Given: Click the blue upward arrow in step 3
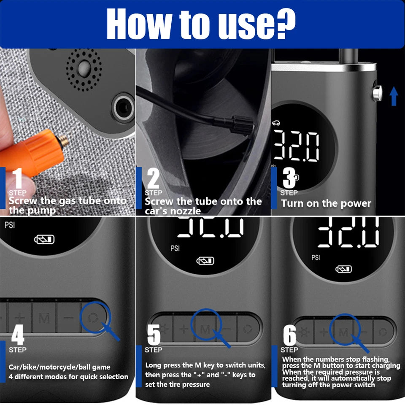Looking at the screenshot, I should point(394,96).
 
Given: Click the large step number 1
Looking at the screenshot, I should point(17,179).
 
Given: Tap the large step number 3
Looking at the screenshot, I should point(289,179).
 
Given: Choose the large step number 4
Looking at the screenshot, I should point(17,335).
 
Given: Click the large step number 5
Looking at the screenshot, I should point(154,335).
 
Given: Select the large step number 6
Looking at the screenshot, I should point(289,335).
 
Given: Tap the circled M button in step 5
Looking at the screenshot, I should point(205,329).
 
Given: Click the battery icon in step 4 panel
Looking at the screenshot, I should point(44,240).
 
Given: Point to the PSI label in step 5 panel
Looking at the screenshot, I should point(175,248).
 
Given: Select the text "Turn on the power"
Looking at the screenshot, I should point(326,203).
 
